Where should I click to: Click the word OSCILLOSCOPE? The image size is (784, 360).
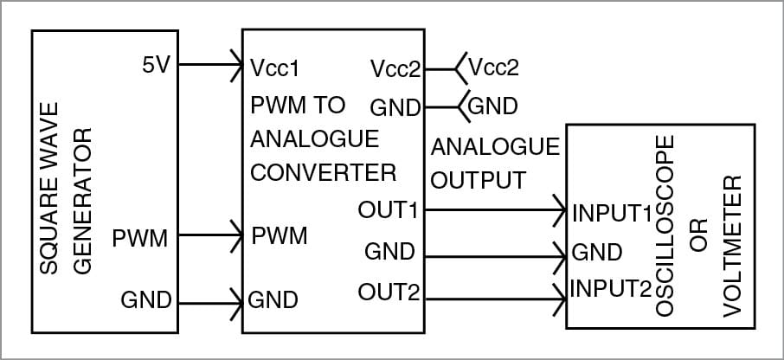tap(665, 224)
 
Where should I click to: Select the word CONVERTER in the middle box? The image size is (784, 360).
tap(323, 171)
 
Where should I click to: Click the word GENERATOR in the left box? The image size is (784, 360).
tap(82, 201)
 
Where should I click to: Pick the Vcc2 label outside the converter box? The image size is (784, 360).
tap(492, 67)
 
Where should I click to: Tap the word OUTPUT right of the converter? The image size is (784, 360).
tap(478, 180)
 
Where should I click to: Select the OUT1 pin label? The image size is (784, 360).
tap(389, 209)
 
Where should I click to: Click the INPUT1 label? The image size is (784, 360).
tap(610, 211)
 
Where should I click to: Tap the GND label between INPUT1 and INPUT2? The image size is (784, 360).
tap(597, 253)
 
